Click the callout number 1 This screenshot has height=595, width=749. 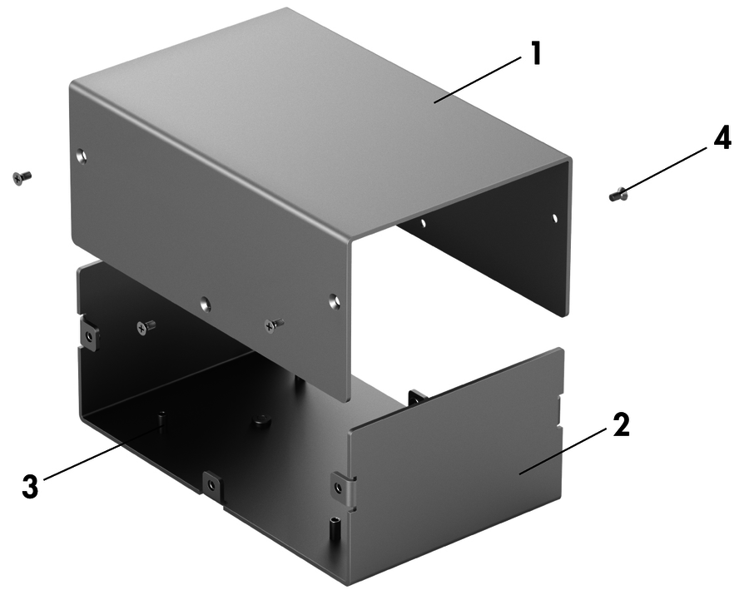pos(536,53)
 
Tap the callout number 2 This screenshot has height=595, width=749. pos(621,424)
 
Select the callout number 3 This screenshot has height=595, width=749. pos(30,487)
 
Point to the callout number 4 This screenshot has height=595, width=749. pos(722,138)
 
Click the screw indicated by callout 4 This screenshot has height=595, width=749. pos(618,195)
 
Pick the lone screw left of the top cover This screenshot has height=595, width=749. pos(21,177)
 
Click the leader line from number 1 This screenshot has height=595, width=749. pos(477,79)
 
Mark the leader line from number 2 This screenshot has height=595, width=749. pos(563,451)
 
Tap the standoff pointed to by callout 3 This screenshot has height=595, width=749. pos(162,419)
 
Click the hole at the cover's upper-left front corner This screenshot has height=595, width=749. pos(82,155)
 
